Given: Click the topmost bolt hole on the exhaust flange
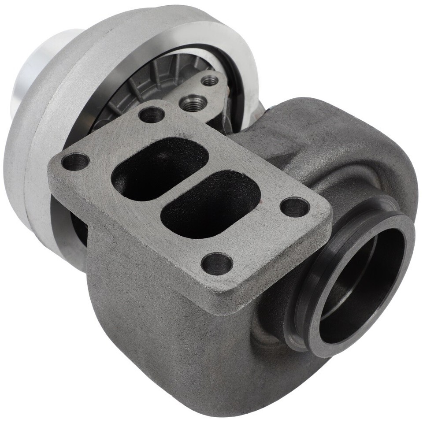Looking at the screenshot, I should pyautogui.click(x=152, y=115).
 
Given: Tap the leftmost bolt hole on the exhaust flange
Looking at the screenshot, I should pyautogui.click(x=75, y=161).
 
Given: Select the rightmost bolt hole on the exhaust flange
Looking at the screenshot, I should pyautogui.click(x=295, y=207).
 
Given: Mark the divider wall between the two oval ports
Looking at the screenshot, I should pyautogui.click(x=185, y=185).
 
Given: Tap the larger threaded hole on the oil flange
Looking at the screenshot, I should pyautogui.click(x=194, y=104).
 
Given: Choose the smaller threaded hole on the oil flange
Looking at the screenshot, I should pyautogui.click(x=210, y=81).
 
